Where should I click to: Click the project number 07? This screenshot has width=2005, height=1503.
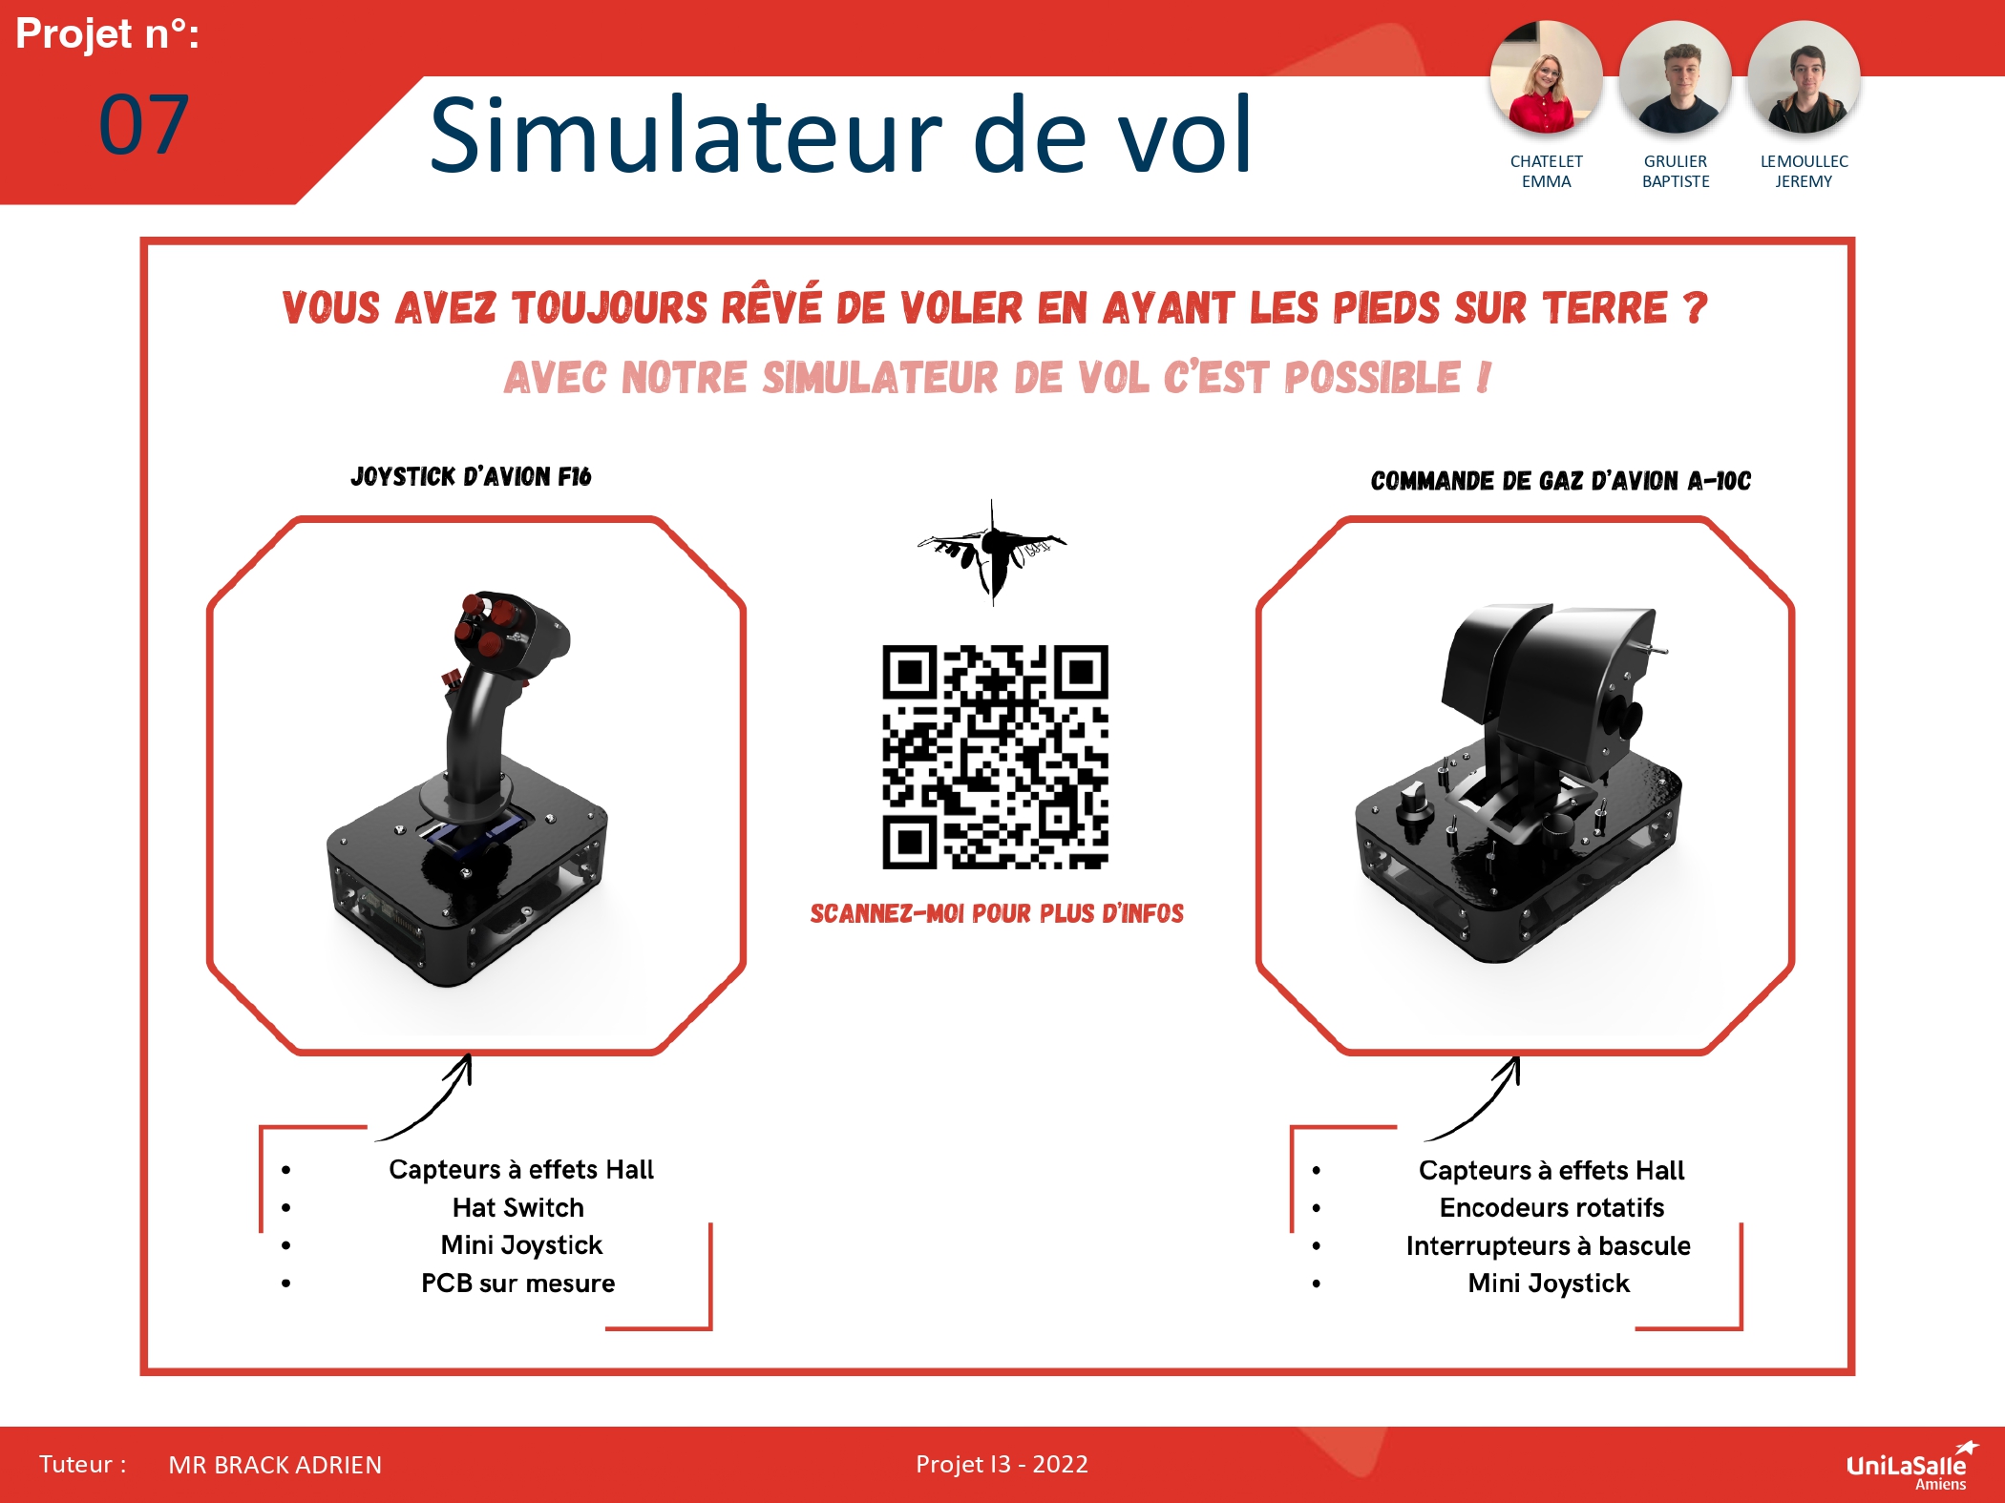click(144, 125)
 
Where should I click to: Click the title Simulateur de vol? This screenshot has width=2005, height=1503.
click(840, 135)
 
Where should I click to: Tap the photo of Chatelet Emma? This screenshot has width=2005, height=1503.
click(1546, 77)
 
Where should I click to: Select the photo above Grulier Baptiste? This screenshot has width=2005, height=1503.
click(1675, 77)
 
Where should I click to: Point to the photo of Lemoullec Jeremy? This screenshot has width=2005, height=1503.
click(1804, 77)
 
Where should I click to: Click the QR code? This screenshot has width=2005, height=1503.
click(995, 757)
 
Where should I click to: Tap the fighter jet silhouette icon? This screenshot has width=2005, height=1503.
click(992, 552)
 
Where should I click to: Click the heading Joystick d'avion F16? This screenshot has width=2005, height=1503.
click(471, 476)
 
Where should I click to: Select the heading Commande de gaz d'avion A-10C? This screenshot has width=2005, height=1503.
click(1560, 480)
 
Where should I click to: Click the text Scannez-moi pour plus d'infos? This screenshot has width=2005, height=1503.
click(997, 913)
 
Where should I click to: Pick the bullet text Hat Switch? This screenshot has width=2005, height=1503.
click(517, 1207)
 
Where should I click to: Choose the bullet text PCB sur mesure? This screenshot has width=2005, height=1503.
click(517, 1283)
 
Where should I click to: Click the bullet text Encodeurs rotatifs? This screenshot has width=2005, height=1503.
click(1551, 1207)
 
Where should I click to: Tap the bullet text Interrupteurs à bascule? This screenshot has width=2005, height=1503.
click(1548, 1245)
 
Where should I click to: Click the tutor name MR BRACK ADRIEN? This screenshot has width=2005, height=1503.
click(275, 1465)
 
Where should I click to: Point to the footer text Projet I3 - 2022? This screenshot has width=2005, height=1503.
click(1002, 1464)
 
